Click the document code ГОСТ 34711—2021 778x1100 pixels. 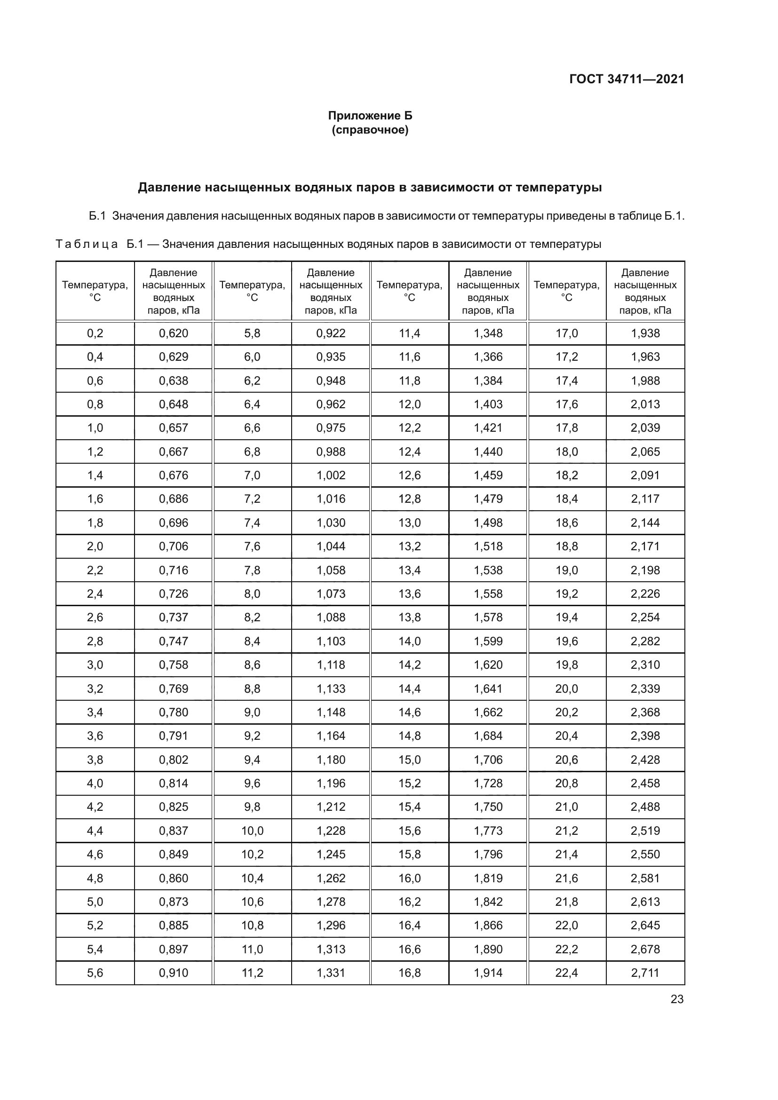pyautogui.click(x=626, y=79)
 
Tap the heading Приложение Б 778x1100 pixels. pyautogui.click(x=370, y=116)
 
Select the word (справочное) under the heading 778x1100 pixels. pyautogui.click(x=370, y=130)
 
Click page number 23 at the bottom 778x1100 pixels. pyautogui.click(x=677, y=999)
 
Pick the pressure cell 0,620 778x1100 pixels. pyautogui.click(x=174, y=333)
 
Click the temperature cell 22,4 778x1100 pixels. pyautogui.click(x=567, y=973)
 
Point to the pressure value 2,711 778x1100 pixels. pyautogui.click(x=645, y=973)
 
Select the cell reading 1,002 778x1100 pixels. pyautogui.click(x=331, y=475)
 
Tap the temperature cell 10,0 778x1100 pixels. pyautogui.click(x=252, y=831)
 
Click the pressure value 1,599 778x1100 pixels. pyautogui.click(x=488, y=641)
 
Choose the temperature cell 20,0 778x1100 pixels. pyautogui.click(x=567, y=688)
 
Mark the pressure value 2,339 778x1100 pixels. pyautogui.click(x=645, y=688)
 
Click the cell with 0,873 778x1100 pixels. pyautogui.click(x=174, y=902)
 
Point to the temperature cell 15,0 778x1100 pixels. pyautogui.click(x=410, y=760)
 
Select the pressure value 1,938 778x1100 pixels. pyautogui.click(x=645, y=333)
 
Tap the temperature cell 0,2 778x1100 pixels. pyautogui.click(x=95, y=333)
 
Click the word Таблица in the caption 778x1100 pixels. pyautogui.click(x=87, y=245)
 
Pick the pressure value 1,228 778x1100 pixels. pyautogui.click(x=331, y=831)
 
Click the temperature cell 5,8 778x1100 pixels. pyautogui.click(x=252, y=333)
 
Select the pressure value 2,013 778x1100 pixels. pyautogui.click(x=645, y=404)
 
